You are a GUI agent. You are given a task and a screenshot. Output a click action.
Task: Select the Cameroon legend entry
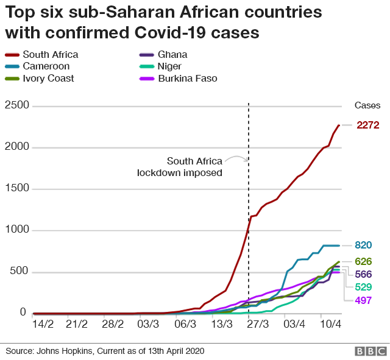[46, 66]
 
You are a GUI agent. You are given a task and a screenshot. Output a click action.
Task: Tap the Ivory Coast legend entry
[48, 78]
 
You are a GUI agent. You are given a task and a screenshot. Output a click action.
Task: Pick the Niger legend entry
[170, 66]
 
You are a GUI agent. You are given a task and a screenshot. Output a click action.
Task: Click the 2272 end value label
[368, 125]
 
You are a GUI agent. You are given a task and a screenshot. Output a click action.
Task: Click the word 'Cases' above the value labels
[367, 105]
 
